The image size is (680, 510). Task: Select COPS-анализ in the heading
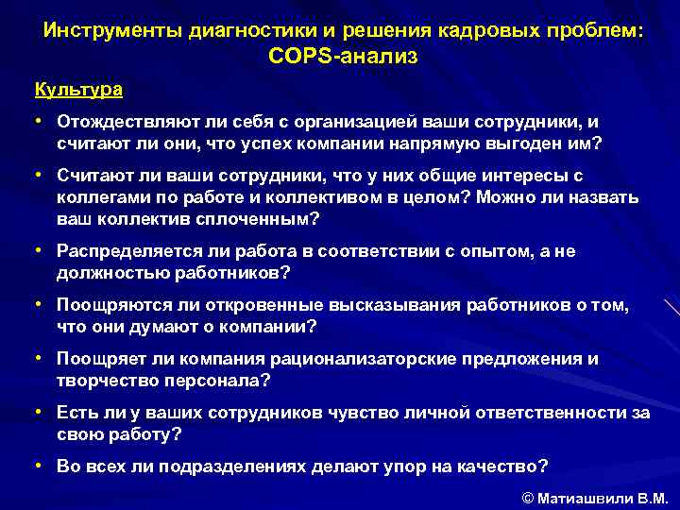click(342, 57)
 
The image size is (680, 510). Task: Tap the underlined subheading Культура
click(78, 91)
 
